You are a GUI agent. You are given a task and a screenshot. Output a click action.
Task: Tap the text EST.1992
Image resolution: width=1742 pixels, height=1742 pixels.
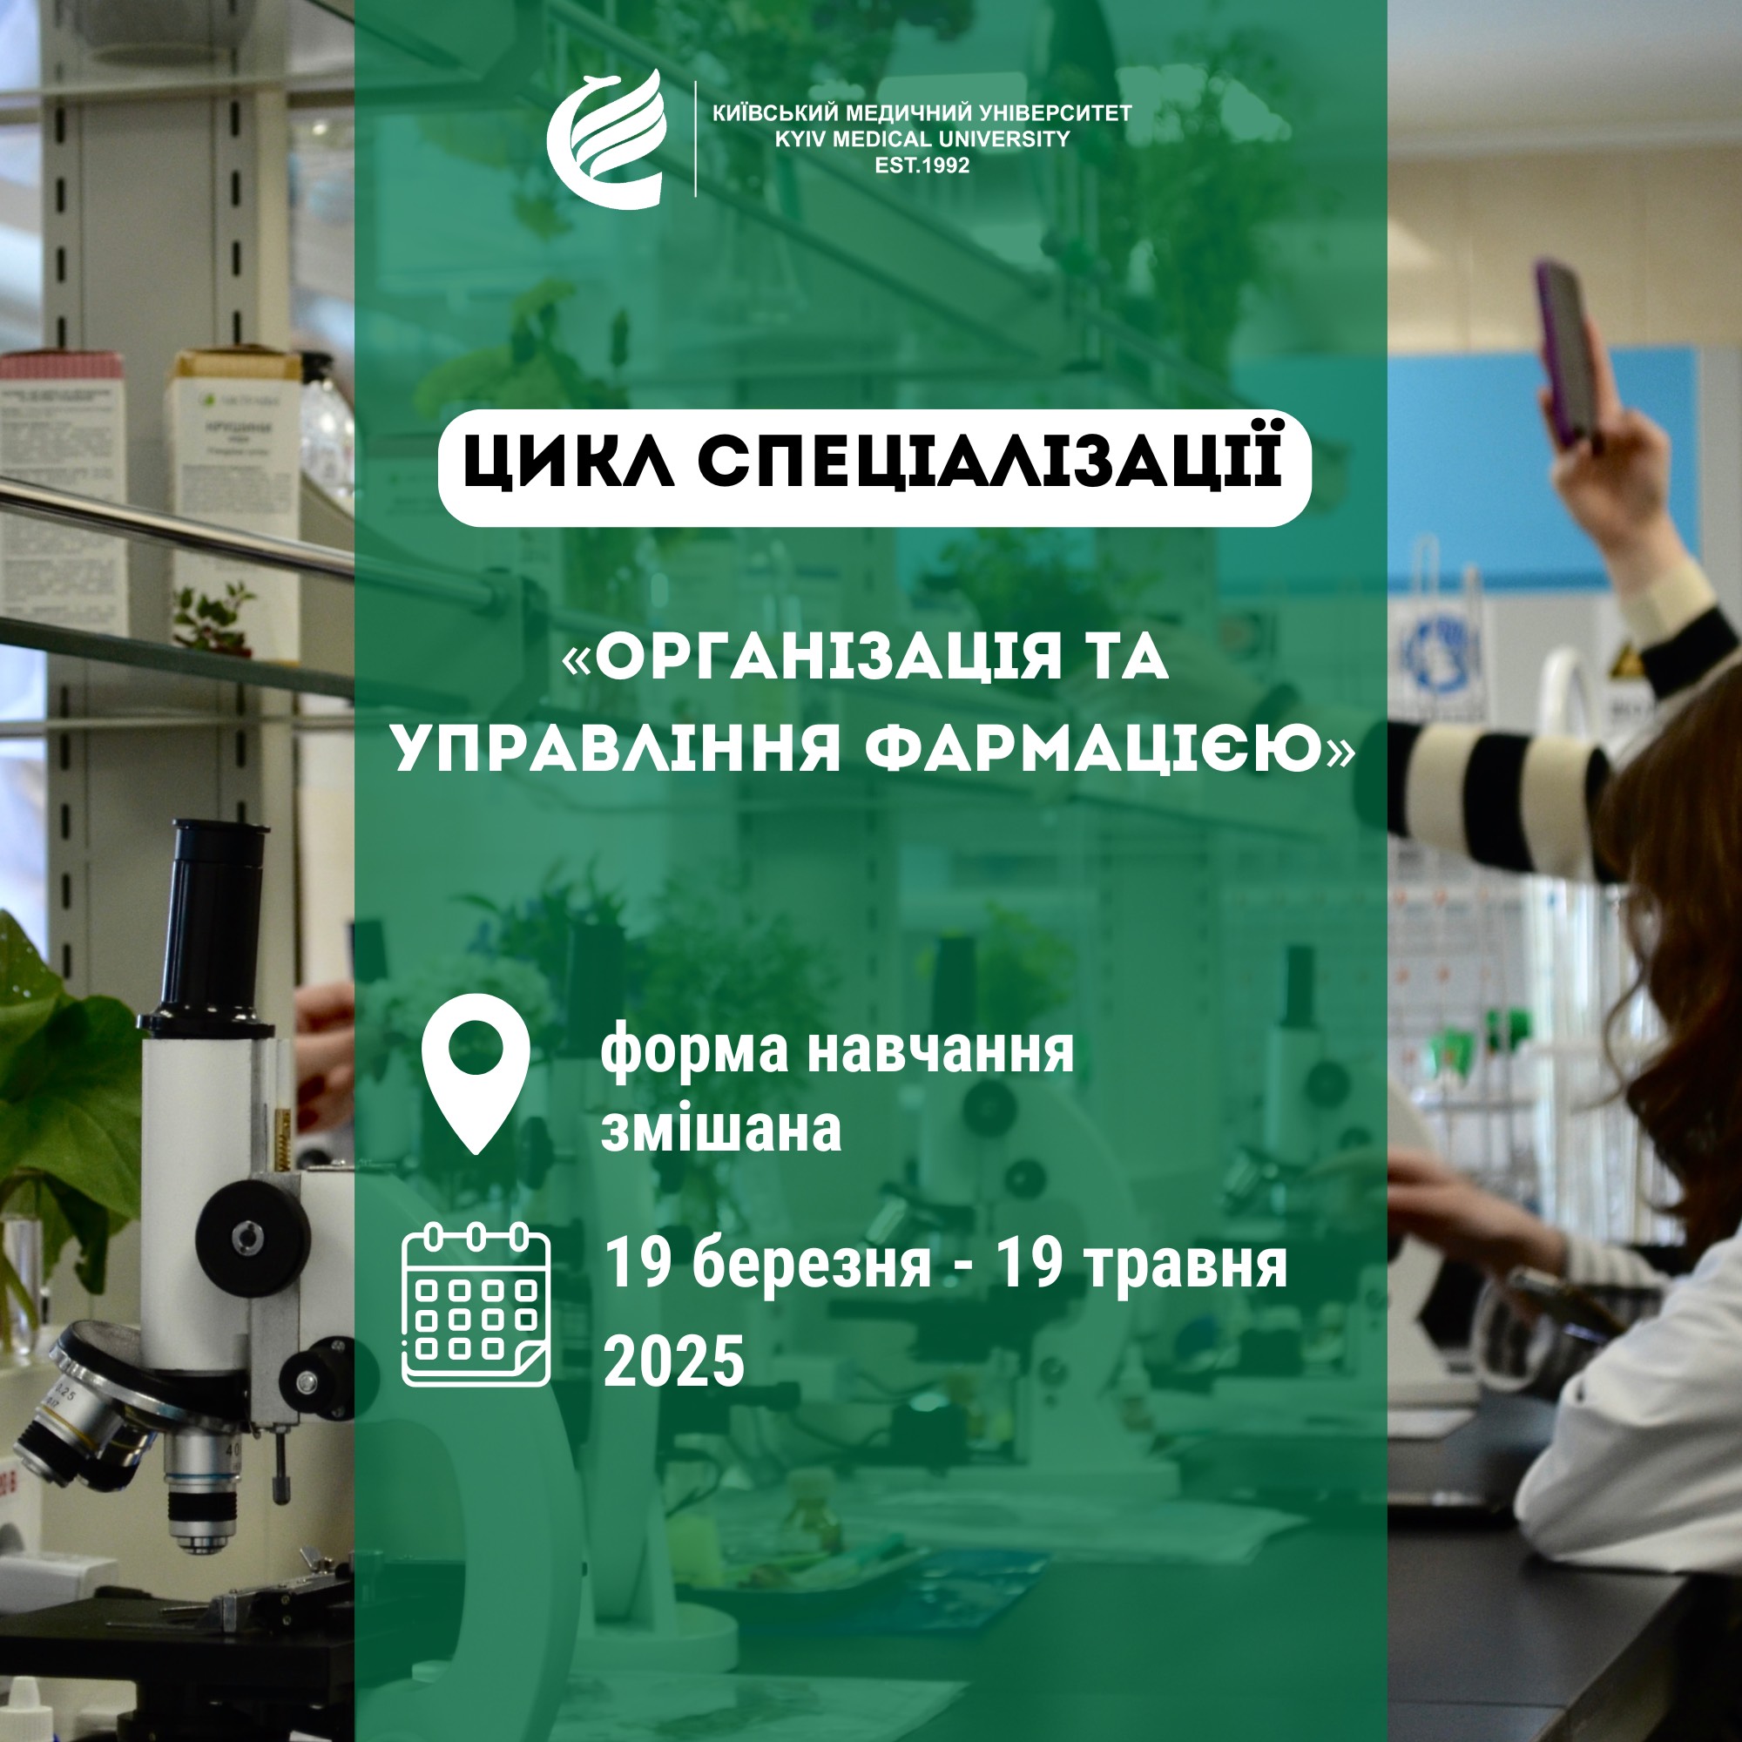click(922, 165)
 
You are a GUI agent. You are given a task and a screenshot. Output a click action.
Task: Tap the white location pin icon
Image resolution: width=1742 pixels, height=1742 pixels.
click(476, 1073)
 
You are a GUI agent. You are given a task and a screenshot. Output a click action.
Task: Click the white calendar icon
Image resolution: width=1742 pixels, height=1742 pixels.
click(476, 1303)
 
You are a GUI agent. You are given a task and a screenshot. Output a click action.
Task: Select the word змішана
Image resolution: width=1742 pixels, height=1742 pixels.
click(721, 1128)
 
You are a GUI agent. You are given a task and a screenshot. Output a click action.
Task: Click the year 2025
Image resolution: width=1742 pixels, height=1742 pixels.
click(673, 1361)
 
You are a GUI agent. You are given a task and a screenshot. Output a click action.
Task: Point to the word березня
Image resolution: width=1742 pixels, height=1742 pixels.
click(812, 1264)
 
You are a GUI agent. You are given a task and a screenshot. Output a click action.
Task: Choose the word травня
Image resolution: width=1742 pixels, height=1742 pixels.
click(1184, 1265)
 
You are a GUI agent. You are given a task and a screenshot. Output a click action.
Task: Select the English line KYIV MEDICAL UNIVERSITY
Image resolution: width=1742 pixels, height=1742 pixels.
click(922, 138)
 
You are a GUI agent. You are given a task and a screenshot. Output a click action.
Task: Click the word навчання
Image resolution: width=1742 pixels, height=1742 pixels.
click(940, 1051)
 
